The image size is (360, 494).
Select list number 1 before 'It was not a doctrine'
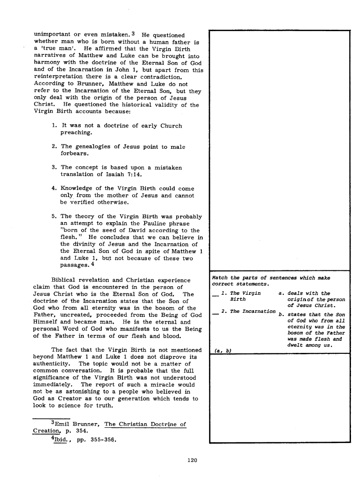[54, 126]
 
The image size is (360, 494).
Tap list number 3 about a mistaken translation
[54, 168]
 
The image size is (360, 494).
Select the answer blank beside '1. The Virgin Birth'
[214, 294]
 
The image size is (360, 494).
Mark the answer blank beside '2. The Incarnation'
[214, 311]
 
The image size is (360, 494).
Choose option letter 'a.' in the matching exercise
[282, 293]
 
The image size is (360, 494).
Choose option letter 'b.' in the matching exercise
[282, 315]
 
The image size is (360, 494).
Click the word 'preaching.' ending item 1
[76, 133]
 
